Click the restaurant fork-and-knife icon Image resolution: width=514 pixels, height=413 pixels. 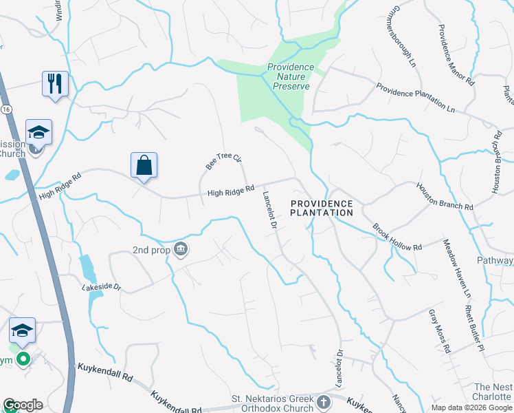[54, 84]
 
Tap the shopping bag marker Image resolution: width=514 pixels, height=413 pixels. [144, 166]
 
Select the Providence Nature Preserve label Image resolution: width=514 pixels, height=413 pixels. [291, 77]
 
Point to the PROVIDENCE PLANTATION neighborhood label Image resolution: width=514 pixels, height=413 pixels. [321, 208]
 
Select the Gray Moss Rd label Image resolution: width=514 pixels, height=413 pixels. [439, 330]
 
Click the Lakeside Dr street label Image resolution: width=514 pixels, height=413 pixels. [101, 286]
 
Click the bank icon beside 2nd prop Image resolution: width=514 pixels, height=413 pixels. [181, 248]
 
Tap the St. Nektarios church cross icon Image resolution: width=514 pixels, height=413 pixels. [324, 401]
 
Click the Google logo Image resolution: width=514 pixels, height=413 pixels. [23, 404]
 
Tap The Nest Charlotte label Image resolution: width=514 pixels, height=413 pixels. [491, 392]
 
